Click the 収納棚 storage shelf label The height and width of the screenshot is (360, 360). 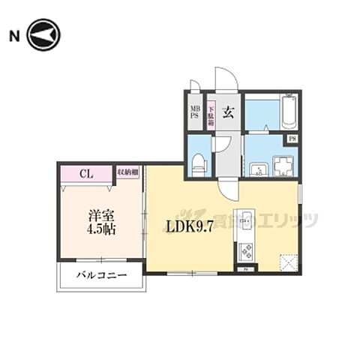point(128,172)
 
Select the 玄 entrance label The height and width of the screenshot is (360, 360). point(228,112)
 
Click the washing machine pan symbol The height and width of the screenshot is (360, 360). point(284,163)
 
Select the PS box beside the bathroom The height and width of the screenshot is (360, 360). point(290,139)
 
